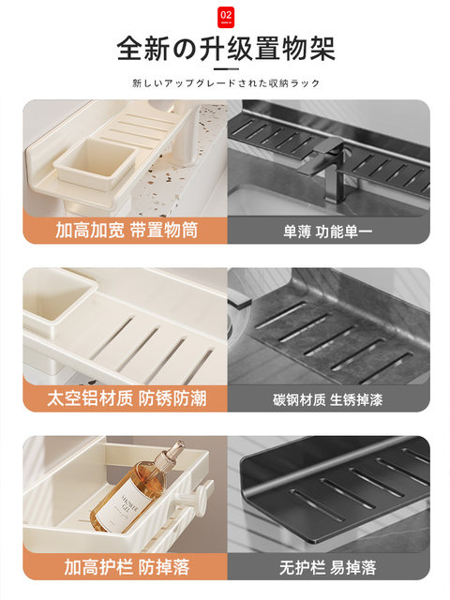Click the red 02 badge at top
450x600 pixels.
tap(225, 16)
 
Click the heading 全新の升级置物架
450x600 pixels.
tap(225, 48)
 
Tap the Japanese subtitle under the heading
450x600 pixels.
tap(225, 82)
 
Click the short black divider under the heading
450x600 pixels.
tap(225, 67)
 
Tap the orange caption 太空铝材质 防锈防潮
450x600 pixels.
tap(125, 398)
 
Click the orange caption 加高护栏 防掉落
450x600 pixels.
tap(125, 566)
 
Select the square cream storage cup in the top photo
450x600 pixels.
tap(95, 170)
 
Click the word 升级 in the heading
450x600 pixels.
tap(225, 48)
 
